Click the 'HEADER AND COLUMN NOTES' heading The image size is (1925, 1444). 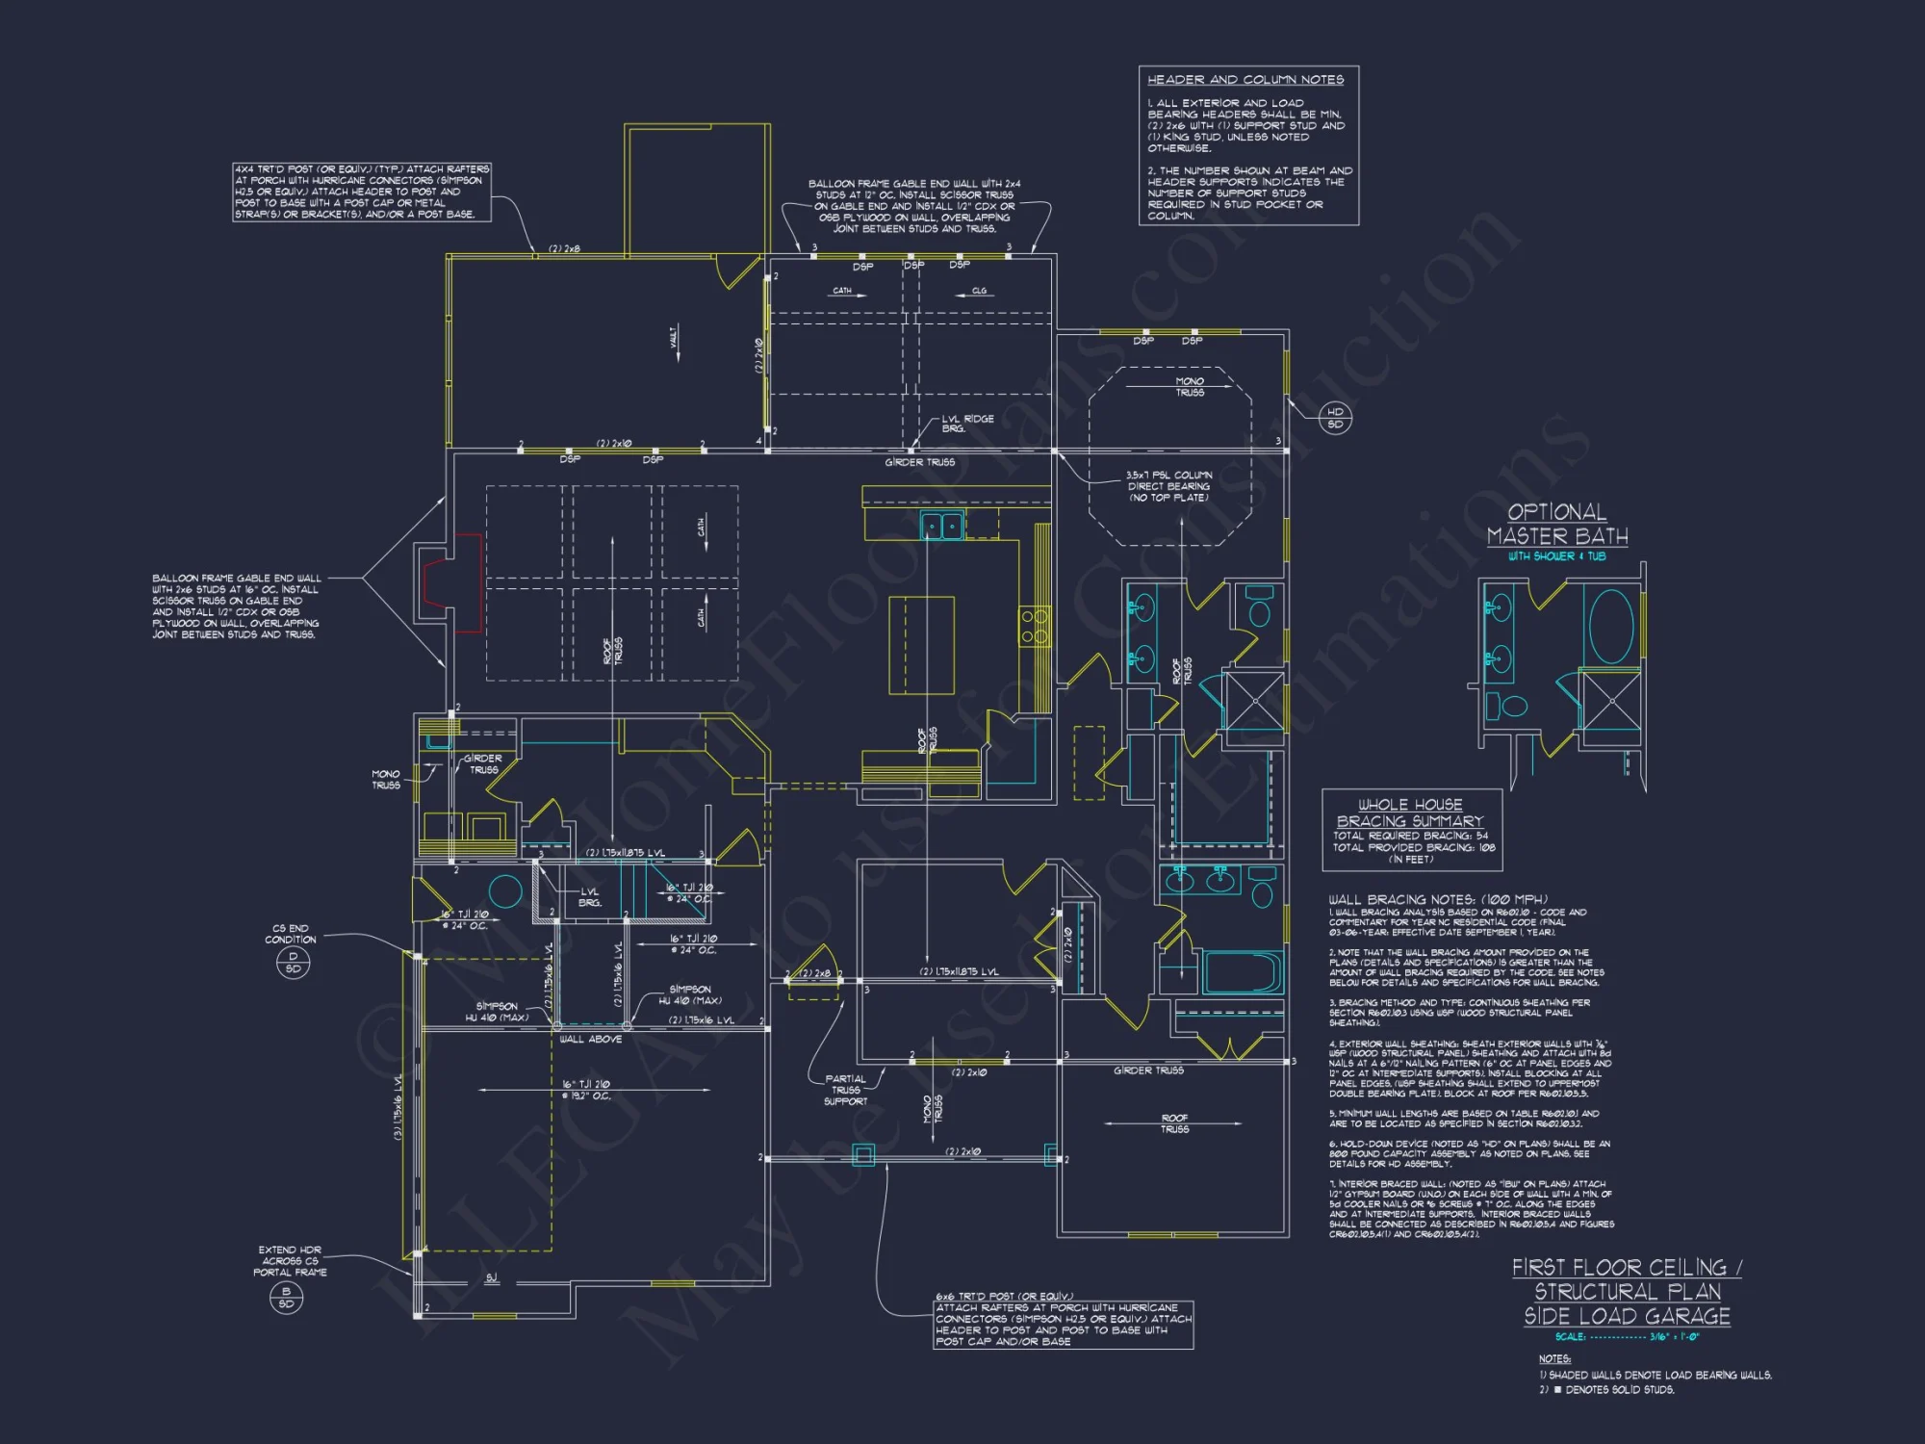coord(1245,80)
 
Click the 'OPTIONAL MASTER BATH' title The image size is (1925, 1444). coord(1556,525)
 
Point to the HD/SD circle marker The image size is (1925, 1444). coord(1335,418)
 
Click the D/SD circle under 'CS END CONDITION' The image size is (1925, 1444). coord(293,963)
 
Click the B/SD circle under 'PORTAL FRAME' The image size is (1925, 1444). coord(286,1298)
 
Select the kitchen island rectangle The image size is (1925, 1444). coord(921,645)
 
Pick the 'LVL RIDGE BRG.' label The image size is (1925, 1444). coord(966,424)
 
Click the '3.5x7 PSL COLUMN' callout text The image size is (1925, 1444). coord(1168,486)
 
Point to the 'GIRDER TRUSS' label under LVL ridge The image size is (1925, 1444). coord(919,463)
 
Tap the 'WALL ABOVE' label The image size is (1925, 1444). coord(590,1040)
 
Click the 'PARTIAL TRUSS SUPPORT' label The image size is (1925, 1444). coord(845,1090)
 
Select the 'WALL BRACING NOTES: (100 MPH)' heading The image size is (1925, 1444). coord(1438,899)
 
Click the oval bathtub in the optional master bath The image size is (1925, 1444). coord(1610,627)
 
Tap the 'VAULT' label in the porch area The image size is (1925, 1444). coord(674,338)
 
